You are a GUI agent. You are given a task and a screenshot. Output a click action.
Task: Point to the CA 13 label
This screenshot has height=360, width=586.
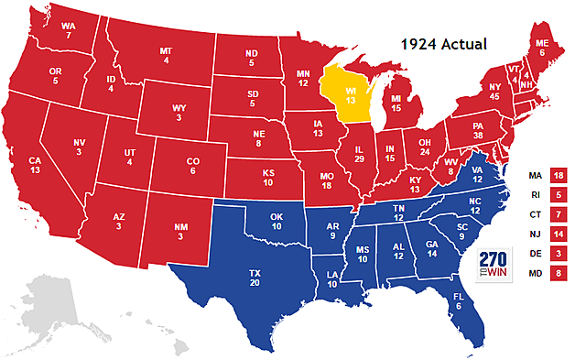[x=34, y=165]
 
